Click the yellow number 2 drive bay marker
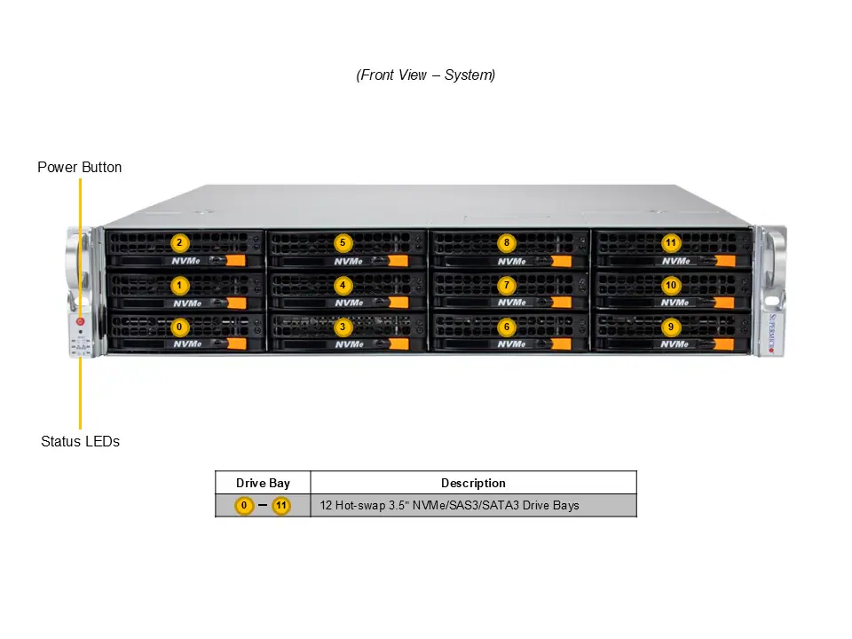coord(179,242)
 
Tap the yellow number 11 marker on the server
coord(670,242)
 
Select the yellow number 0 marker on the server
coord(179,327)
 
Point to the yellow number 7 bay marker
coord(506,285)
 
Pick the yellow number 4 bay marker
coord(343,285)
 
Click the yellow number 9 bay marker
coord(670,327)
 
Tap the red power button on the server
coord(81,321)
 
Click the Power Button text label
coord(80,167)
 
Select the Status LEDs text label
coord(80,441)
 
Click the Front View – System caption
coord(426,75)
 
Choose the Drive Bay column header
coord(263,483)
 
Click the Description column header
coord(473,483)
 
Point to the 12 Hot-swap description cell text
coord(450,506)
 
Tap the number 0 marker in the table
coord(245,506)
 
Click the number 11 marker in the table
coord(281,506)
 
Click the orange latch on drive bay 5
coord(398,261)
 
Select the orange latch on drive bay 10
coord(725,303)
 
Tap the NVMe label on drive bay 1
coord(186,303)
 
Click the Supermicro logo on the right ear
coord(771,334)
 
